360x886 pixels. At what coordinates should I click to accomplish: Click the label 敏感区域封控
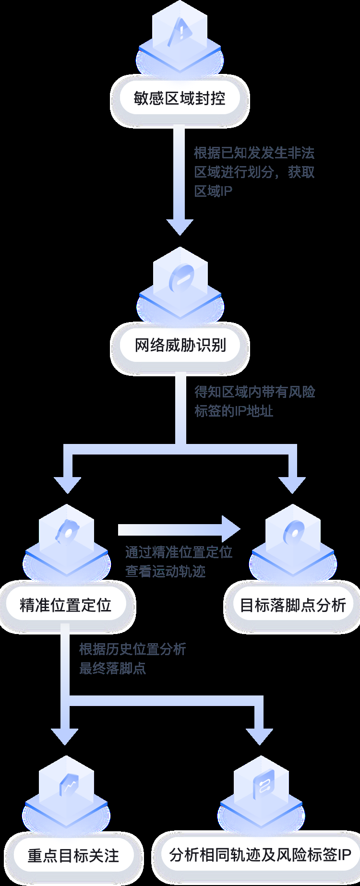(x=180, y=98)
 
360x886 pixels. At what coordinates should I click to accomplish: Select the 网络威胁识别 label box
(x=180, y=345)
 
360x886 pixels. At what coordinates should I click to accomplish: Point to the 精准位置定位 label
(x=66, y=605)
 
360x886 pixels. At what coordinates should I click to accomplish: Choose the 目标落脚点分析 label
(x=292, y=605)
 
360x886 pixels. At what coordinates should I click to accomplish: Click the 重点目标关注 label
(x=73, y=855)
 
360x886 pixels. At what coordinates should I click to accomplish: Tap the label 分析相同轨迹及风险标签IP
(x=260, y=855)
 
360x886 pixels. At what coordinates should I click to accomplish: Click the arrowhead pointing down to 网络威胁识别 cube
(x=180, y=227)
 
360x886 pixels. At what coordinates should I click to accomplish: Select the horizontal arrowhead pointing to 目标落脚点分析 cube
(x=231, y=529)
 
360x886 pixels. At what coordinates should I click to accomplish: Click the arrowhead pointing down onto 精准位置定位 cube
(x=67, y=485)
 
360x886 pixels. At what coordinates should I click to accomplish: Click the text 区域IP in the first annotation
(x=213, y=191)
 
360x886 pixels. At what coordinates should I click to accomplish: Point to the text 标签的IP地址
(x=234, y=411)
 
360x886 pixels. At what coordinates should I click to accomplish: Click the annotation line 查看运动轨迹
(x=165, y=571)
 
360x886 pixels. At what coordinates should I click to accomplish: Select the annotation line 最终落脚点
(x=112, y=668)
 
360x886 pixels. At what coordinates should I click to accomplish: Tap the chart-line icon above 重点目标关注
(x=67, y=787)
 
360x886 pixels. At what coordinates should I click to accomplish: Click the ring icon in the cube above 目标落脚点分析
(x=293, y=534)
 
